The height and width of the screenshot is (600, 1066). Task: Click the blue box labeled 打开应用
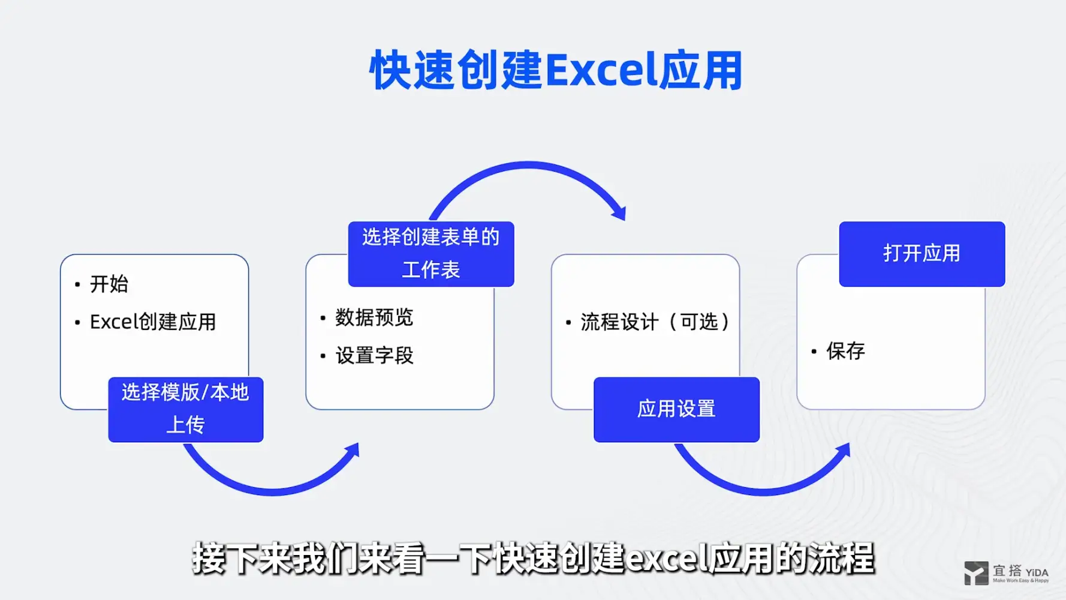point(922,254)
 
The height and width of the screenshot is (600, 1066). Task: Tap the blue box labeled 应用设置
point(676,409)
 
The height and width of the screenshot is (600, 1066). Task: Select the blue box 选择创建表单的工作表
point(430,254)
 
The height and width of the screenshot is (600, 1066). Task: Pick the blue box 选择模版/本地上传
point(185,409)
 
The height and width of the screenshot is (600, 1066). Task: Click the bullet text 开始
point(109,284)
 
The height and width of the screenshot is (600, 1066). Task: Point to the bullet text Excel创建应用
point(153,322)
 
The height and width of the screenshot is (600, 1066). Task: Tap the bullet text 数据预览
point(374,317)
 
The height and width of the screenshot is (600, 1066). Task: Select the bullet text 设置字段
point(374,356)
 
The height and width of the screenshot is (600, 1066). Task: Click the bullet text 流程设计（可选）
point(655,322)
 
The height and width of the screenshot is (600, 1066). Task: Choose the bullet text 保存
point(845,351)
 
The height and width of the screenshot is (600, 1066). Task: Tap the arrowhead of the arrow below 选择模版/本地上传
point(353,450)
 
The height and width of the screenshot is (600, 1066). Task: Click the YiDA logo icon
point(976,573)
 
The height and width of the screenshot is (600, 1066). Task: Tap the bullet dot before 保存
point(814,352)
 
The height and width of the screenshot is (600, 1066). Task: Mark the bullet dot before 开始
point(77,284)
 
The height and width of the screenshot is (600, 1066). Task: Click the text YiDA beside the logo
point(1037,572)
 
